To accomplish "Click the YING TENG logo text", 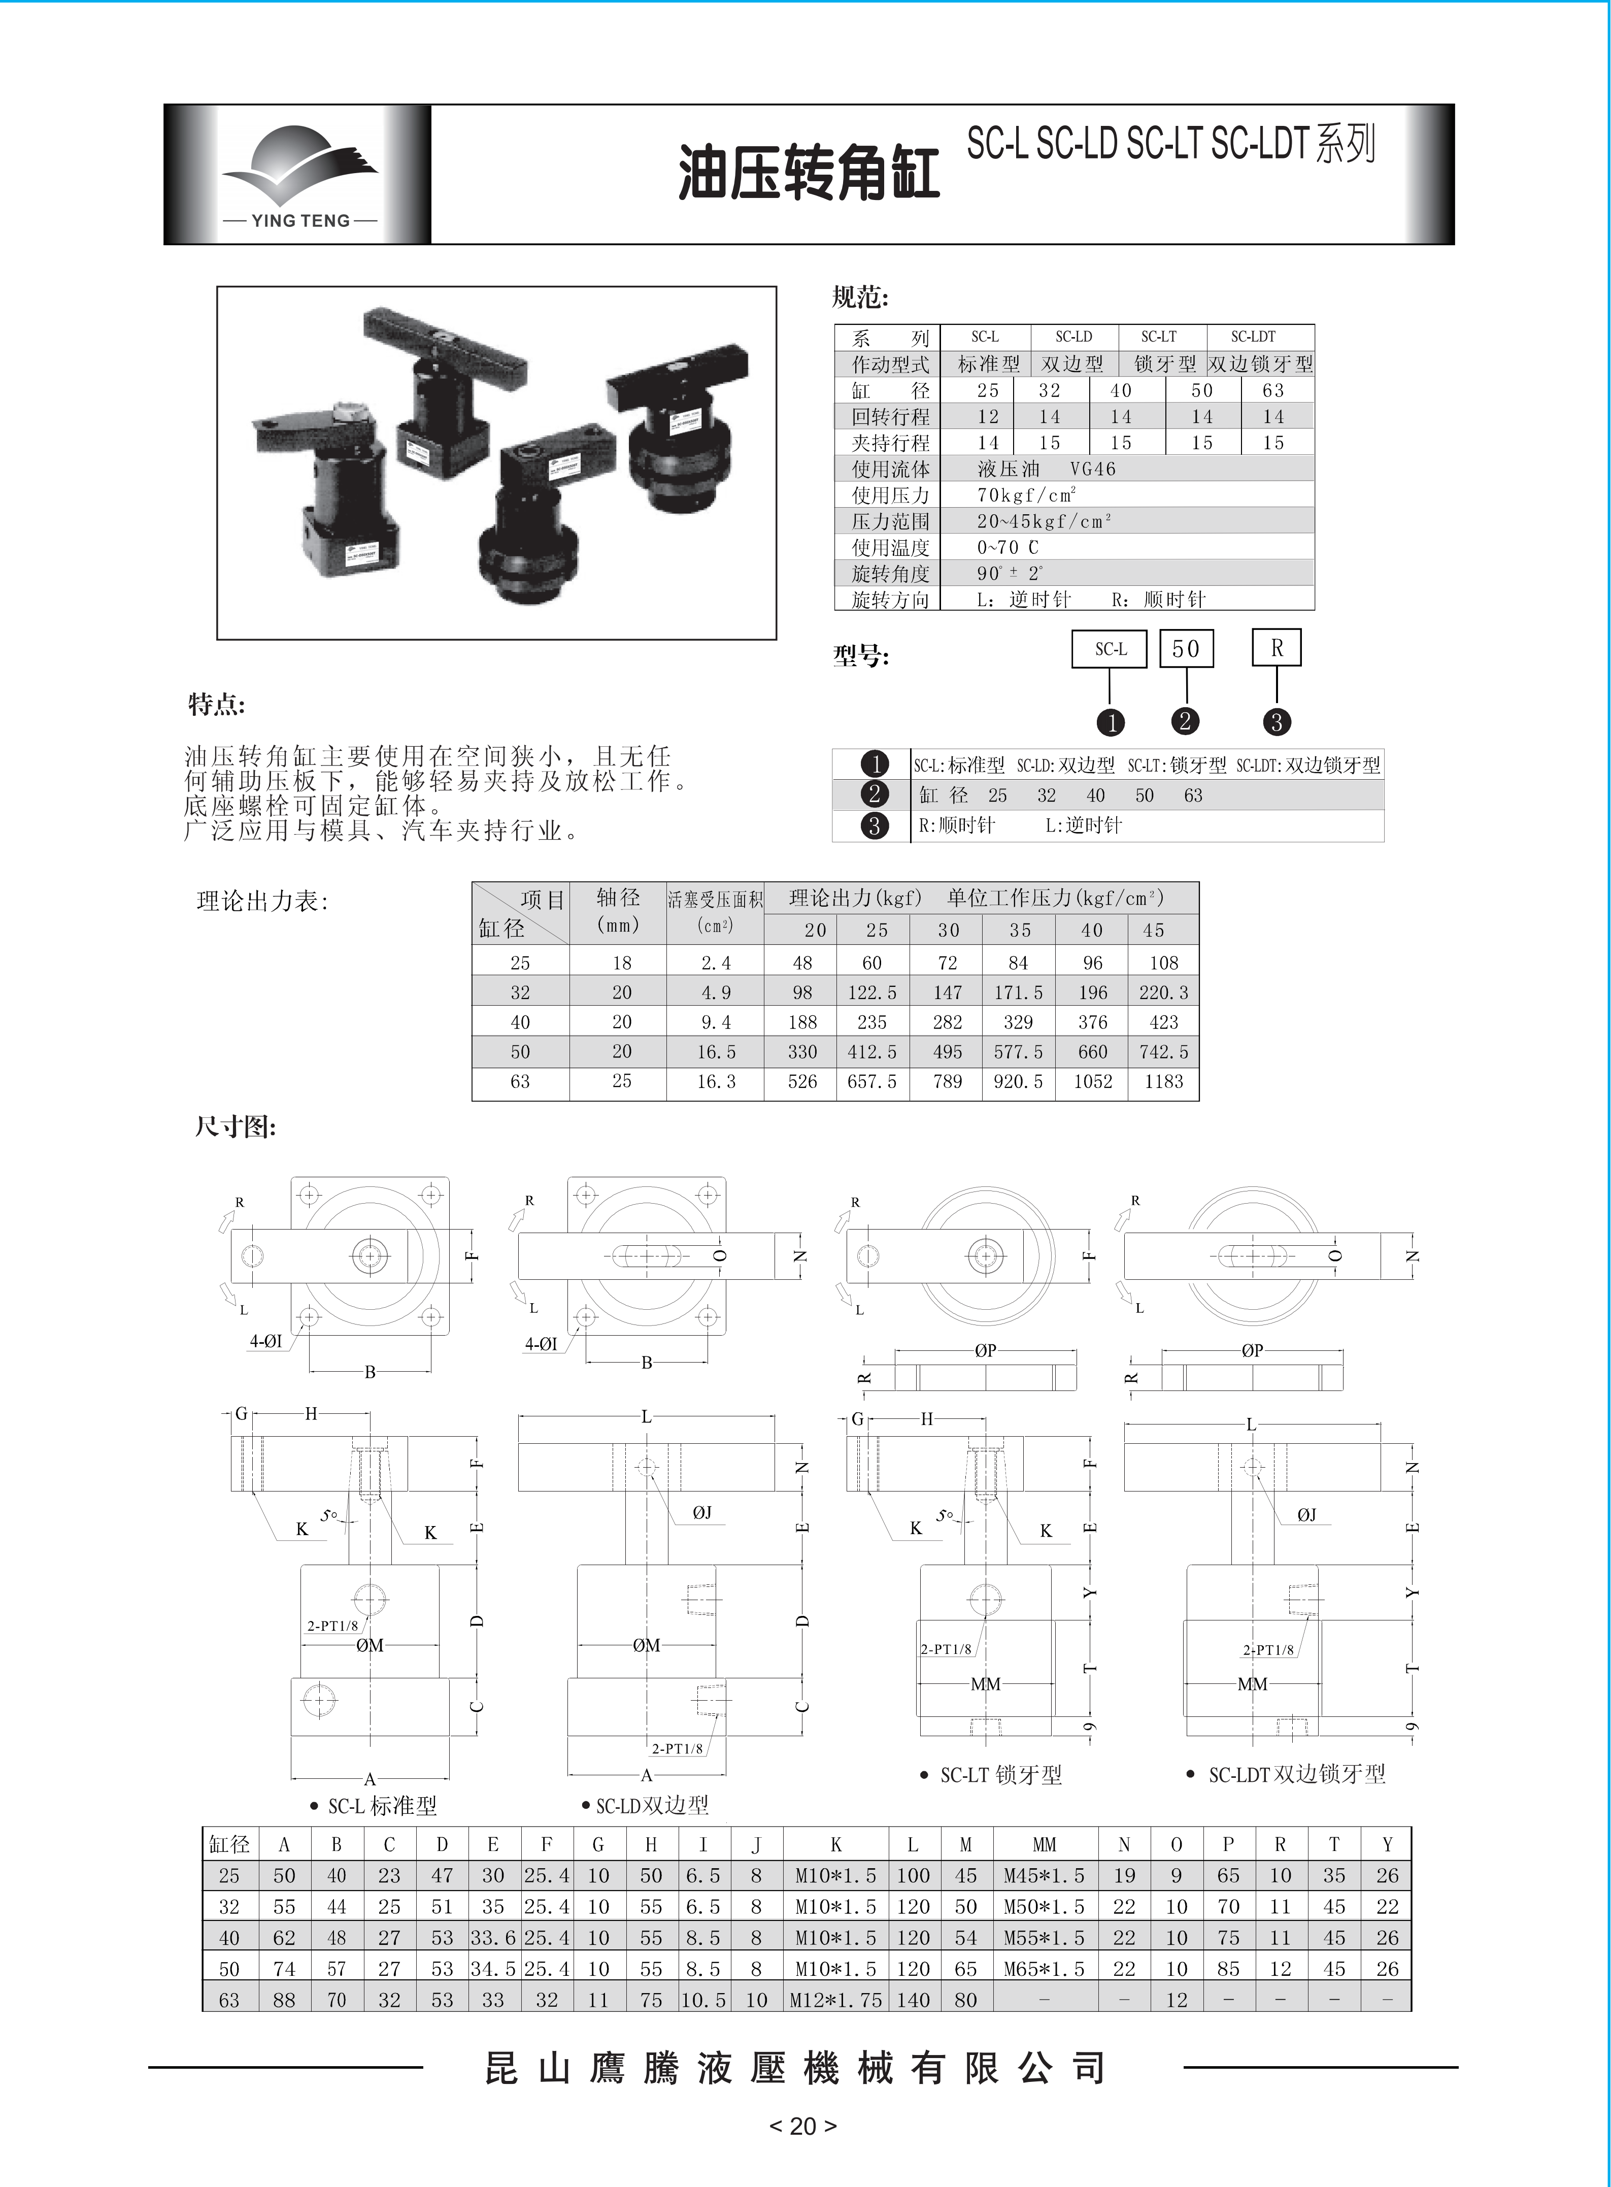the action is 300,220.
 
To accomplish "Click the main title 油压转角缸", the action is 809,174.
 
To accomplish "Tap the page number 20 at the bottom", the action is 802,2126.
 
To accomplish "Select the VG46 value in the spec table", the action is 1092,469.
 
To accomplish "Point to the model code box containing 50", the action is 1186,649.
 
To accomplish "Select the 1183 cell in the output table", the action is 1163,1082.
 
